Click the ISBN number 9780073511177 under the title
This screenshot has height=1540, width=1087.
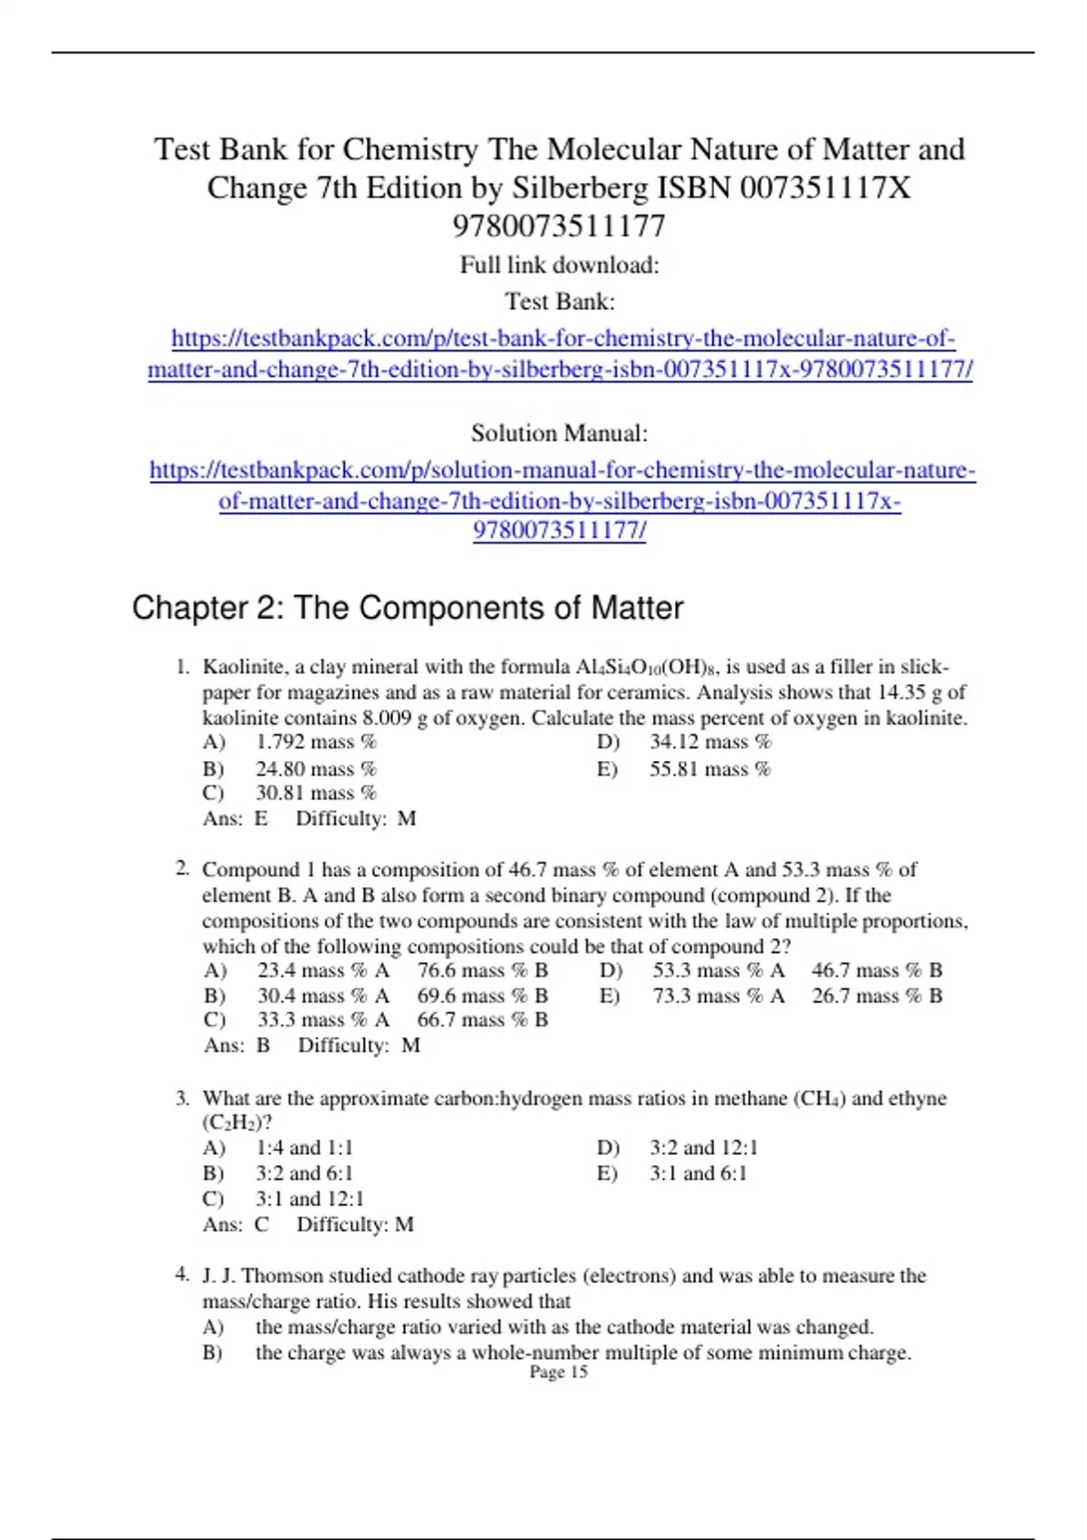point(559,226)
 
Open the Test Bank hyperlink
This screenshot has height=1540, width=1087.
point(561,353)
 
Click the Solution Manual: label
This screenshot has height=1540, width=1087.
point(559,433)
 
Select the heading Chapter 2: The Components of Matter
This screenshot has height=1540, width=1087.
point(408,607)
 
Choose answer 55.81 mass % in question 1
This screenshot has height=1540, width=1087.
point(709,769)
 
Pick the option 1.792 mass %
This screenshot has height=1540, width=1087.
point(315,742)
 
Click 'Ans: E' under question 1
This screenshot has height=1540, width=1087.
point(236,818)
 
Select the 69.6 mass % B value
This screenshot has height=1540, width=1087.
point(482,996)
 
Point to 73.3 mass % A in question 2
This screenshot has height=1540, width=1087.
point(718,996)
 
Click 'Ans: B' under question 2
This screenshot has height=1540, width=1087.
point(237,1044)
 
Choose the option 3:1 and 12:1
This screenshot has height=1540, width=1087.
point(310,1198)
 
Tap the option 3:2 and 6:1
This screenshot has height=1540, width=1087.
point(304,1173)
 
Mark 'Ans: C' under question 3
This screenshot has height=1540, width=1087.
point(236,1224)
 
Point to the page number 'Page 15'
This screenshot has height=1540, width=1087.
point(558,1372)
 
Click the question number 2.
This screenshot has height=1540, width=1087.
point(182,869)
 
